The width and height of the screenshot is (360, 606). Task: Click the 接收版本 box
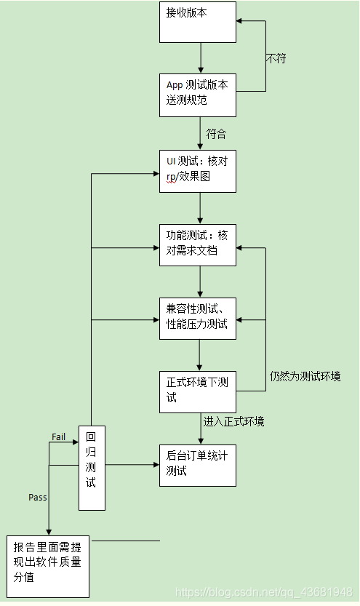click(x=198, y=22)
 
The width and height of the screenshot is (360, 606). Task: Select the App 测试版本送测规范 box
click(x=198, y=95)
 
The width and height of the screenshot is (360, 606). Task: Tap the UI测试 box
click(x=198, y=170)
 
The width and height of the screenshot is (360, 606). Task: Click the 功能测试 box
click(x=198, y=245)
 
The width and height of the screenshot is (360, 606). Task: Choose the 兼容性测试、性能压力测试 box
click(x=198, y=319)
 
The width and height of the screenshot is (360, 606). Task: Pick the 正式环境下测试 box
click(x=198, y=391)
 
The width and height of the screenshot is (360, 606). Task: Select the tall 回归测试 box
click(x=92, y=467)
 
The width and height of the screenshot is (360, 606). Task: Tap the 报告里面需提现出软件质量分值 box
click(x=48, y=566)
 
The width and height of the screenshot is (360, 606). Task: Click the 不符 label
click(x=276, y=58)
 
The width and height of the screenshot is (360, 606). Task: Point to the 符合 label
click(x=216, y=134)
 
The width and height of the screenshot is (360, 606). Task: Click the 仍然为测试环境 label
click(x=305, y=376)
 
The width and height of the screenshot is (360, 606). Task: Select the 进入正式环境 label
click(x=235, y=421)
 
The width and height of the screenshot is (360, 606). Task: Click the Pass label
click(x=38, y=497)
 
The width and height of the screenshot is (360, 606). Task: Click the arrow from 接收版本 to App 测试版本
click(x=200, y=57)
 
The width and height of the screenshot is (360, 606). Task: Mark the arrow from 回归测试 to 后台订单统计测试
click(x=132, y=463)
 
